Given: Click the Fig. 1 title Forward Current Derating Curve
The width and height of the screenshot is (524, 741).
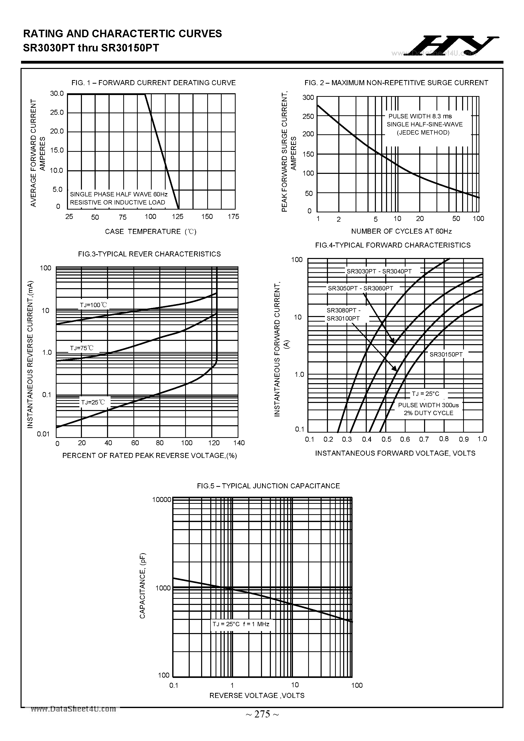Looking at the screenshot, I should [x=153, y=83].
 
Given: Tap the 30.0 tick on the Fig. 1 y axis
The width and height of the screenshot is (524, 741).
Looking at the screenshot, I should [x=57, y=94].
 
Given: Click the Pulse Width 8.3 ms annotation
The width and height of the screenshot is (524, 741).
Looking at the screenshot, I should [x=420, y=116].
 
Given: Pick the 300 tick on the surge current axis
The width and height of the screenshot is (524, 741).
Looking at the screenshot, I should [x=308, y=98].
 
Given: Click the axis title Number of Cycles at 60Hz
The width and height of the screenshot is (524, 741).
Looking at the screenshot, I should [x=401, y=231].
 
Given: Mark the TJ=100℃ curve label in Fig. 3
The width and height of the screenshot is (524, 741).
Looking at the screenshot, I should [x=93, y=305].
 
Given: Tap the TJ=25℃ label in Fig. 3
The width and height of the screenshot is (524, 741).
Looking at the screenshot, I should [x=93, y=402].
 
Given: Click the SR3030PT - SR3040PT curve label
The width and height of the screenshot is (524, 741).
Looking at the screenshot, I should [x=379, y=271].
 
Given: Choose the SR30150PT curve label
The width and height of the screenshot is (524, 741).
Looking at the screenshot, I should [x=446, y=354].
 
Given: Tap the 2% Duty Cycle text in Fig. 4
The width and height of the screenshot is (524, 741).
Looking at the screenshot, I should [x=428, y=413].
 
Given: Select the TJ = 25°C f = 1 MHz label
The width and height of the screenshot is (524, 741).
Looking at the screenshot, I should [x=241, y=624].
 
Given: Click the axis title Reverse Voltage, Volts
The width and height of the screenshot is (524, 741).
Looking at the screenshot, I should [x=257, y=695].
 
